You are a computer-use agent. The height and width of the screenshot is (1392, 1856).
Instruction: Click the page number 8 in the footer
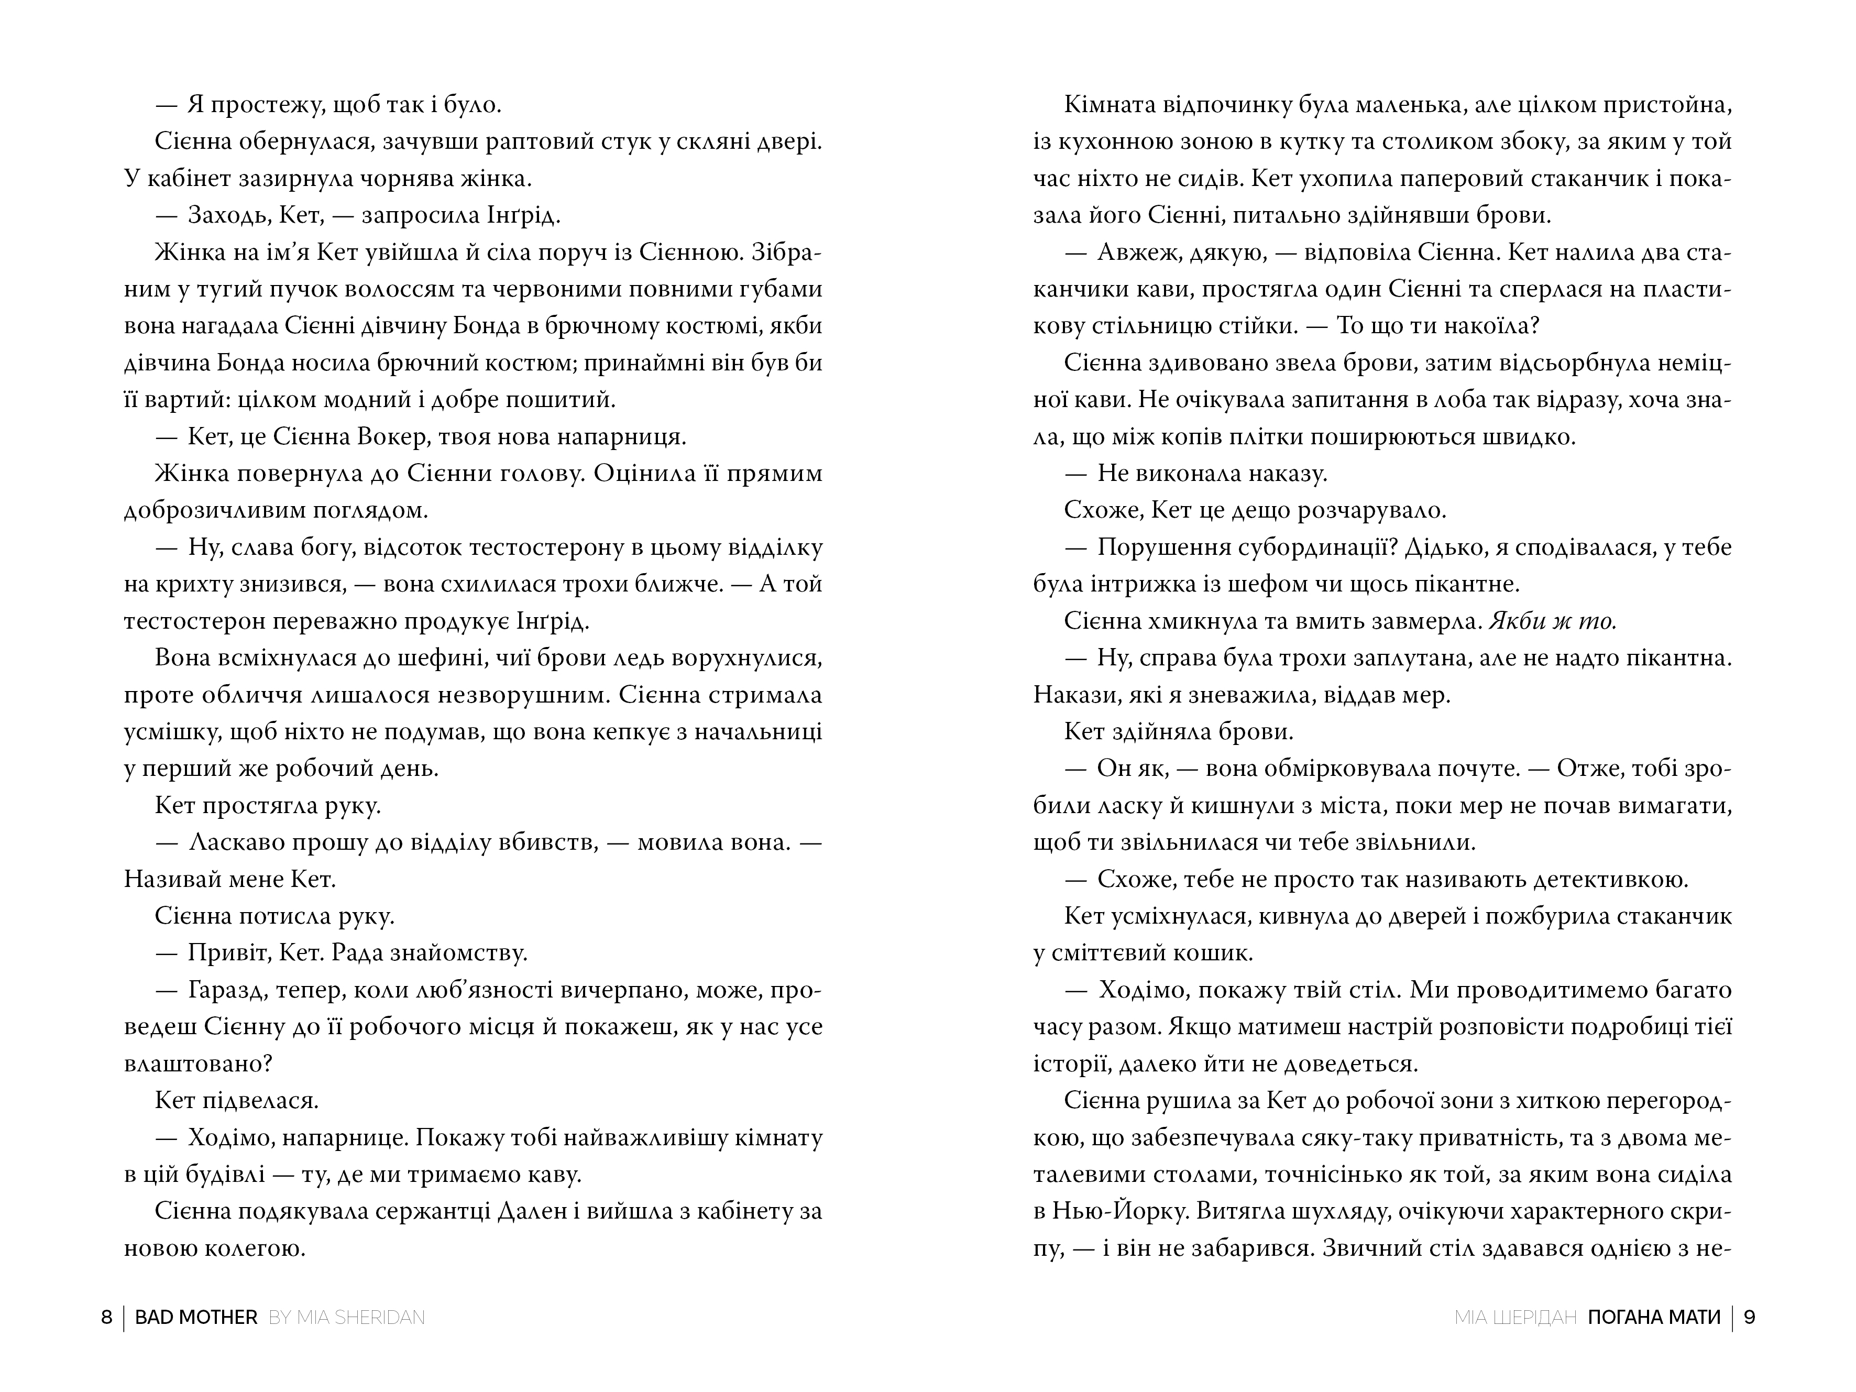tap(106, 1317)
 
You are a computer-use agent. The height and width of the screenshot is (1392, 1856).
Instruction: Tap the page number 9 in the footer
tap(1750, 1317)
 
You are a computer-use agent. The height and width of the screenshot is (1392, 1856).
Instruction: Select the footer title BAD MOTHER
tap(196, 1317)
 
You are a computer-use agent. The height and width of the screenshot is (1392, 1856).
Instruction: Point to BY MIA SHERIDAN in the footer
tap(347, 1317)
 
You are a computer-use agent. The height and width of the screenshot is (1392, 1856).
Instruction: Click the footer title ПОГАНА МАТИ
tap(1654, 1317)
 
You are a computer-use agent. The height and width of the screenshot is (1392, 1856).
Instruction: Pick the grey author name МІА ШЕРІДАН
tap(1515, 1317)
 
